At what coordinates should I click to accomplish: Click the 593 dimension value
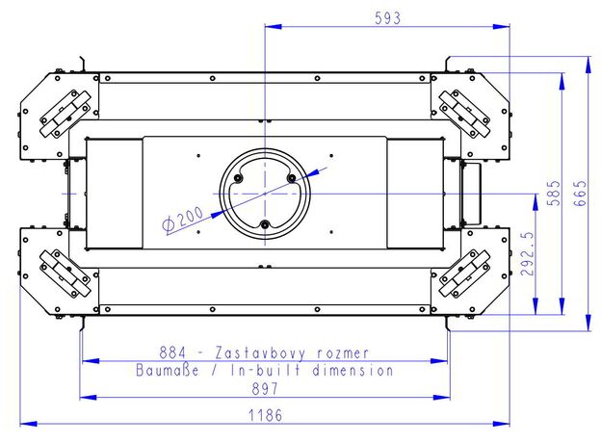click(387, 18)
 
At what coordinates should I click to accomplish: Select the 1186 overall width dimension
click(265, 415)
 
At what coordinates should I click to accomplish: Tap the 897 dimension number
click(265, 389)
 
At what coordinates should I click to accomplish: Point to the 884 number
click(172, 352)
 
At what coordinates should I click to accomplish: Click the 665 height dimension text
click(580, 194)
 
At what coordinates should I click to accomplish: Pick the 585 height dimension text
click(554, 194)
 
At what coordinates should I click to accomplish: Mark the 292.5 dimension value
click(527, 253)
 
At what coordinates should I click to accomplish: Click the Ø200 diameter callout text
click(182, 220)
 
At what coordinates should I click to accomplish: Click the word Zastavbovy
click(261, 352)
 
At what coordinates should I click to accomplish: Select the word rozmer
click(343, 353)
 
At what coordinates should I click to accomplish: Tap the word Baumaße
click(168, 371)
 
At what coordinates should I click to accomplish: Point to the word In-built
click(266, 371)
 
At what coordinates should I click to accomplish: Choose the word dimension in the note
click(353, 371)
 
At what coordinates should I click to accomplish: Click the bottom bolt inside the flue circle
click(265, 225)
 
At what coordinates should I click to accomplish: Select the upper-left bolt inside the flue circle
click(239, 178)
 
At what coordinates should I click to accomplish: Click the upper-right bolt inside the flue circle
click(292, 178)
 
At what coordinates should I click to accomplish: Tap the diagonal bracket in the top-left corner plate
click(65, 114)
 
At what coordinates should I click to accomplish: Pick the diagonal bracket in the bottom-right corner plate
click(464, 274)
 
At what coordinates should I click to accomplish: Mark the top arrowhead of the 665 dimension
click(588, 65)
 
